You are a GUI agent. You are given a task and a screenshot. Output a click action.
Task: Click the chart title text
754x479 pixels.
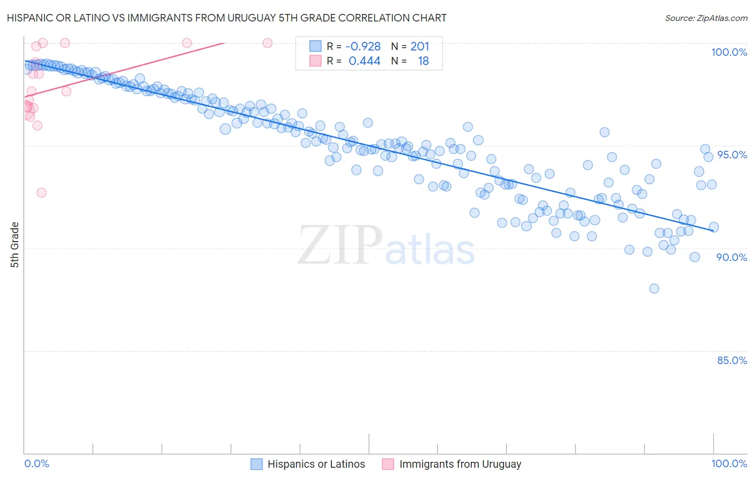click(x=226, y=18)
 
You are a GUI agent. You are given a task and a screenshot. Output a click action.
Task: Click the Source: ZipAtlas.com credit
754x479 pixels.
click(x=706, y=18)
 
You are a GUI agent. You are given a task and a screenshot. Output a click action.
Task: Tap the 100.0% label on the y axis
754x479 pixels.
click(x=729, y=52)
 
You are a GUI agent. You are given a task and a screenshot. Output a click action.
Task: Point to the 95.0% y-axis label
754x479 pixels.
click(x=731, y=155)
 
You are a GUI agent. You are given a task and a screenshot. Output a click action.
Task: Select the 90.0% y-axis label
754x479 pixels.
click(x=731, y=257)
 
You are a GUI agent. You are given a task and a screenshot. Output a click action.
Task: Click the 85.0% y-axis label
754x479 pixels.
click(x=731, y=360)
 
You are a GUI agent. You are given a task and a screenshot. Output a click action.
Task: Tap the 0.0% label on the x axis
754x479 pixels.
click(x=36, y=463)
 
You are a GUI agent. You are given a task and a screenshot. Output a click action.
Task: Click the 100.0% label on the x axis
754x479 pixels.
click(x=729, y=463)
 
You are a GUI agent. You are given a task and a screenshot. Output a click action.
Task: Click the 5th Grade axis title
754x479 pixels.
click(x=14, y=245)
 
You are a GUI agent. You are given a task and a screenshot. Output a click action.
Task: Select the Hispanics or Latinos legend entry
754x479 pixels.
click(x=316, y=464)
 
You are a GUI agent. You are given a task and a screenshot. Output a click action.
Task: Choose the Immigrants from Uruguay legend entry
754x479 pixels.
click(x=460, y=464)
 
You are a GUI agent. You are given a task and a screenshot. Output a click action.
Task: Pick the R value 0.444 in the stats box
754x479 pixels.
click(x=365, y=61)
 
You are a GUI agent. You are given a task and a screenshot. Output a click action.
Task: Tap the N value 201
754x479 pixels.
click(x=420, y=47)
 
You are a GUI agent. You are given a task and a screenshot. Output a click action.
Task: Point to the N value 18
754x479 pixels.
click(x=423, y=61)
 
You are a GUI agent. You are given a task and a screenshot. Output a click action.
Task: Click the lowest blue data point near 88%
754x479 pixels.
click(x=654, y=288)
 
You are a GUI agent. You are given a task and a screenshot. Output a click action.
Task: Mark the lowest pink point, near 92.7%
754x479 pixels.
click(x=41, y=192)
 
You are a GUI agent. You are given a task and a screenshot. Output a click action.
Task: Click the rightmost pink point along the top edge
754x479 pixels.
click(x=267, y=43)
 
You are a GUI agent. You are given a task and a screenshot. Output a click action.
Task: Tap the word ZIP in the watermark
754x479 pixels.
click(x=340, y=245)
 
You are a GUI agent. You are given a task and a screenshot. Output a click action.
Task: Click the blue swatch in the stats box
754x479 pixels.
click(x=315, y=47)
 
